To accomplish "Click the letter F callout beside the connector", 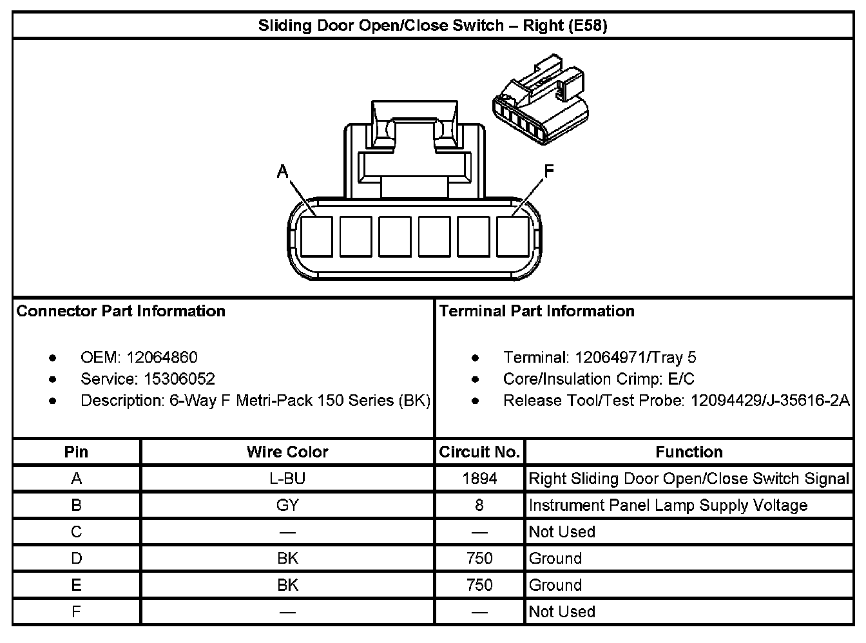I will coord(549,171).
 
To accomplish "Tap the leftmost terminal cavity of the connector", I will coord(316,236).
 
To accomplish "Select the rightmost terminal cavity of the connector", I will coord(513,236).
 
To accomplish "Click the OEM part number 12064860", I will coord(162,357).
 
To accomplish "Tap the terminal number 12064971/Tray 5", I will coord(635,357).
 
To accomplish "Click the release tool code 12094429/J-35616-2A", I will coord(770,400).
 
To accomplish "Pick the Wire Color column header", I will coord(287,452).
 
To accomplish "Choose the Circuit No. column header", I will coord(479,452).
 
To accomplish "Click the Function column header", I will coord(689,452).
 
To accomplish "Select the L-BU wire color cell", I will coord(287,479).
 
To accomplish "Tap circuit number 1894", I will coord(479,479).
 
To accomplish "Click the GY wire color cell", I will coord(287,505).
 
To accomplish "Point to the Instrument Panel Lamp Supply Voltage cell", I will coord(668,505).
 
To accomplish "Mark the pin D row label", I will coord(76,559).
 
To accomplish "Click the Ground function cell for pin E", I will coord(555,585).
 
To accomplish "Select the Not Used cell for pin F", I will coord(561,611).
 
